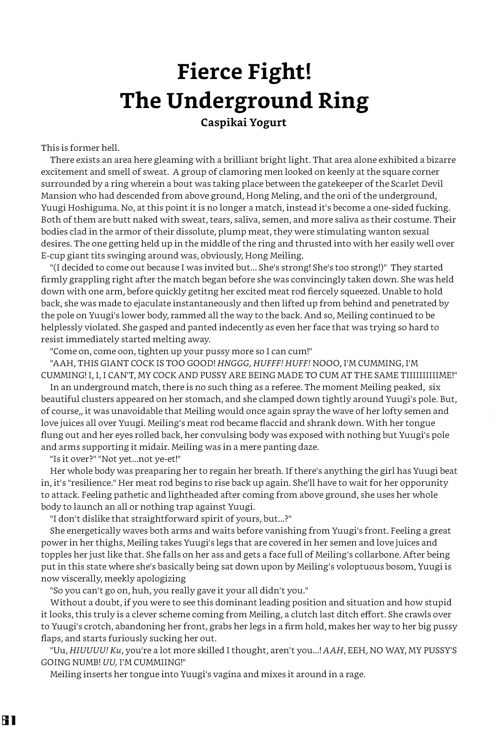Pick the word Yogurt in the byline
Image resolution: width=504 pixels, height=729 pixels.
[269, 123]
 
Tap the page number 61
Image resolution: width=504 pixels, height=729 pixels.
[8, 720]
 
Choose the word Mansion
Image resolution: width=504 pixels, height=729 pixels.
[59, 196]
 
